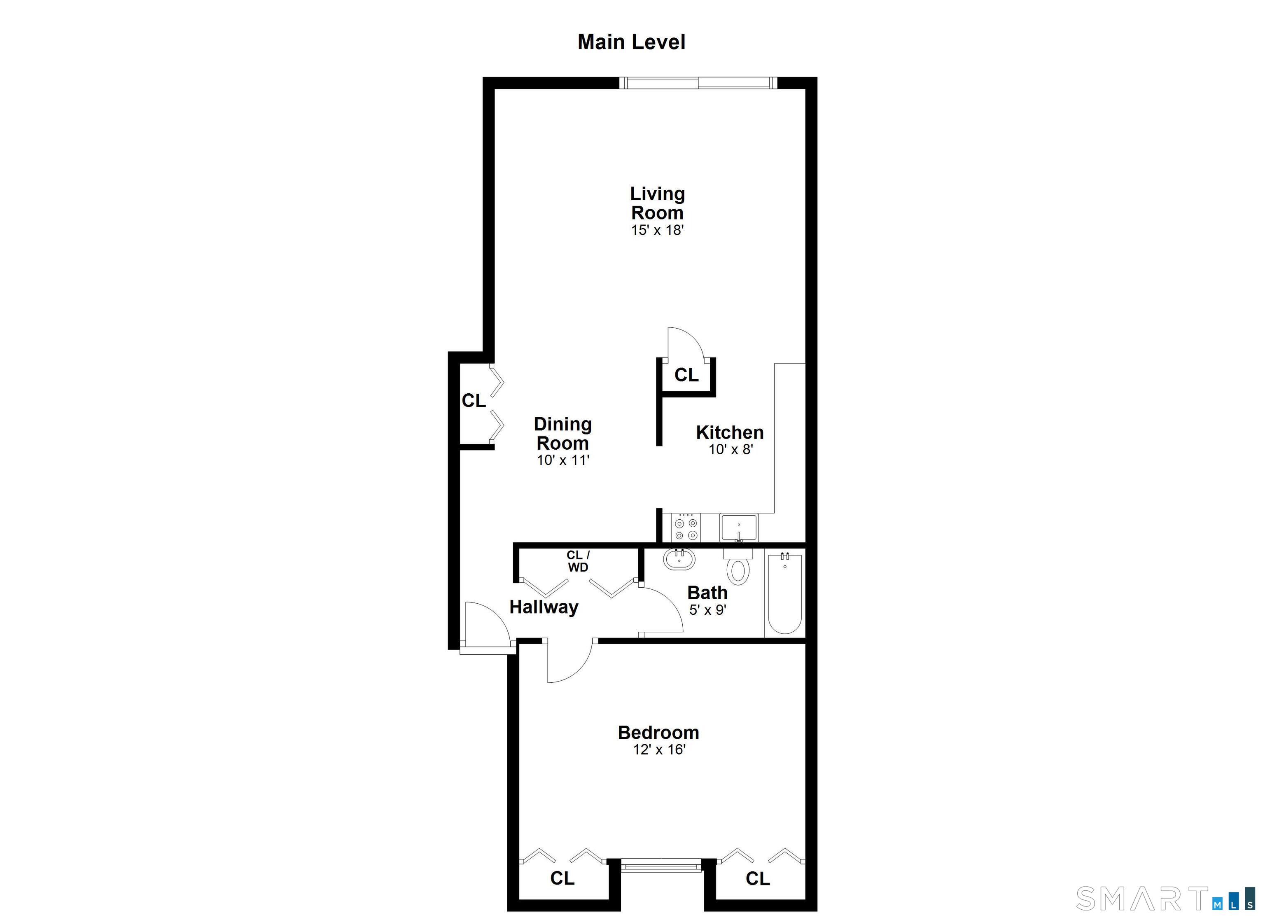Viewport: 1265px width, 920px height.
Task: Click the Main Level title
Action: (x=631, y=42)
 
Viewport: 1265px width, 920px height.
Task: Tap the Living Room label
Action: (x=658, y=203)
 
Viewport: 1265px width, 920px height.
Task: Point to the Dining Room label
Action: (x=563, y=434)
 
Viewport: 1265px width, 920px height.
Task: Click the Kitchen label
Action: (x=730, y=432)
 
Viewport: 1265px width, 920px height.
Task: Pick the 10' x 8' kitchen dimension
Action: (x=731, y=449)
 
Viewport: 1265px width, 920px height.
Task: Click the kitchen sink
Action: (x=738, y=528)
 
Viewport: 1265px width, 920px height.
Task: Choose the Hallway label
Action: (x=544, y=607)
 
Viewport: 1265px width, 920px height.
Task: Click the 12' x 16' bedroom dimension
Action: (x=659, y=749)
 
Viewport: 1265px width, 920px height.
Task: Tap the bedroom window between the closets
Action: (x=661, y=866)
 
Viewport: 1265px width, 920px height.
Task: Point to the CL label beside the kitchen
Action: (x=686, y=375)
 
